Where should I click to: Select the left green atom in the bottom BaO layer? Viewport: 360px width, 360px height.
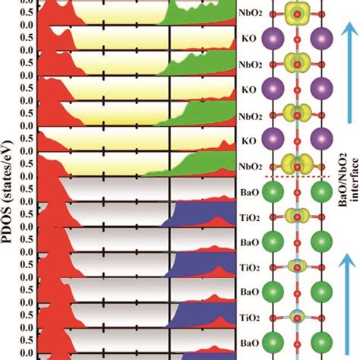tap(273, 343)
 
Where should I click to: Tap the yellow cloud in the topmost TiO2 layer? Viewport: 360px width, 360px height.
tap(297, 217)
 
